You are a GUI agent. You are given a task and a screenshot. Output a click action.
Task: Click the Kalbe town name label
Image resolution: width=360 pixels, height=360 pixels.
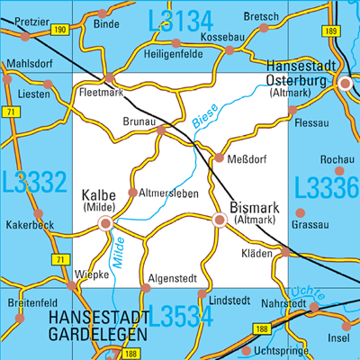(x=98, y=194)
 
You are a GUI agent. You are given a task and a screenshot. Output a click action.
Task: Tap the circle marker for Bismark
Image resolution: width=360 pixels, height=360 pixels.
(x=219, y=219)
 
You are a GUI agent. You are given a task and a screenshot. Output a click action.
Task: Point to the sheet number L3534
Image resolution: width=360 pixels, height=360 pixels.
(x=180, y=317)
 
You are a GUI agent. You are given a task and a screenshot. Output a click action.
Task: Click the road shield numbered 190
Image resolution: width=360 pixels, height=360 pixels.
(x=59, y=31)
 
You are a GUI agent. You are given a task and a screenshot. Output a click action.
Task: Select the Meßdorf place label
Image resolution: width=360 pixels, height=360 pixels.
(x=246, y=158)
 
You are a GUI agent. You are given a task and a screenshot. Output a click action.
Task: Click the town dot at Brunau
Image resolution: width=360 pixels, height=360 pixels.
(x=161, y=130)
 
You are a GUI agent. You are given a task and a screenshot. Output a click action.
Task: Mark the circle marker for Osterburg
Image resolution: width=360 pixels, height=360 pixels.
(x=346, y=83)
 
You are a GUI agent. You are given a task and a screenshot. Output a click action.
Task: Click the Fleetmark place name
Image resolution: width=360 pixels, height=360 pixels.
(x=101, y=91)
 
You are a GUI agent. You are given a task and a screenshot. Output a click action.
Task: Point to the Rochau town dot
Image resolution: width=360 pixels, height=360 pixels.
(x=339, y=170)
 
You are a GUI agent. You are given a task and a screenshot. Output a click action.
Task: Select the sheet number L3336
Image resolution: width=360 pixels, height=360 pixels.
(x=326, y=187)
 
